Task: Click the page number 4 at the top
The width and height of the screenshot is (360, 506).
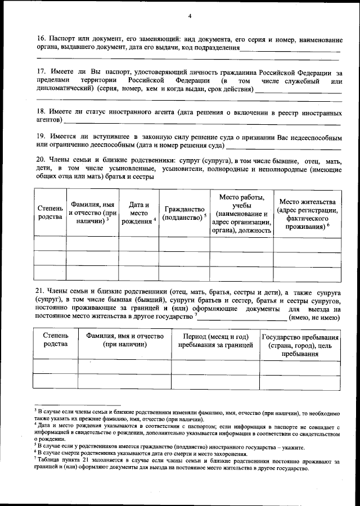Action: coord(190,16)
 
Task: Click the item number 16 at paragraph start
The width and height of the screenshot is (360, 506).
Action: coord(41,40)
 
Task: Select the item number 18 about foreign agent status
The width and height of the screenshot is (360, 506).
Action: coord(41,112)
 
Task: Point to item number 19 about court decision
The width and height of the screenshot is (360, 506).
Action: coord(41,137)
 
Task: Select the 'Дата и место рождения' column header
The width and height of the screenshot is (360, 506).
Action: coord(138,213)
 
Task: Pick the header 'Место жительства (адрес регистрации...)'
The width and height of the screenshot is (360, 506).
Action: coord(307,214)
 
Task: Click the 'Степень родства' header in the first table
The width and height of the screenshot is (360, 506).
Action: coord(50,213)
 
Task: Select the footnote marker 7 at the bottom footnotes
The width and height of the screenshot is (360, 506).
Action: coord(35,460)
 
